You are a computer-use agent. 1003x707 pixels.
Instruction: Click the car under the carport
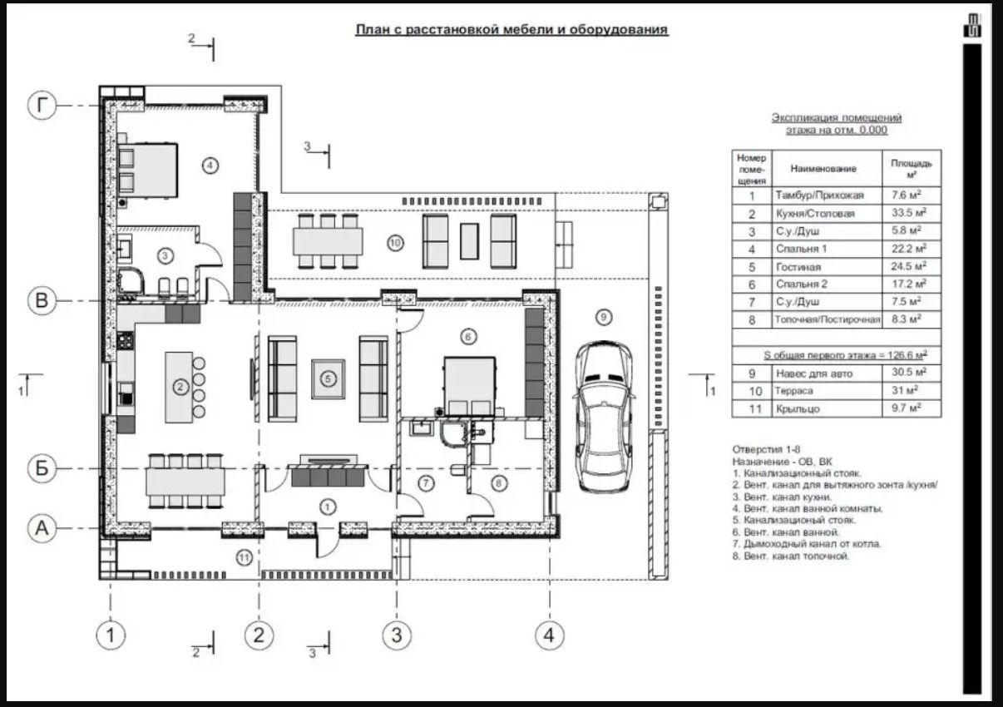pyautogui.click(x=604, y=417)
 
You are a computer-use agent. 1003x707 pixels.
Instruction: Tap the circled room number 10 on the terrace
pyautogui.click(x=395, y=243)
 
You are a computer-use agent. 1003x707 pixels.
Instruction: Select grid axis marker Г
pyautogui.click(x=42, y=106)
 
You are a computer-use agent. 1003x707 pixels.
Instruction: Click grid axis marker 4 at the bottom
pyautogui.click(x=550, y=635)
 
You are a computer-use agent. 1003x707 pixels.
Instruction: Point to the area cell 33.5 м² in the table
pyautogui.click(x=908, y=213)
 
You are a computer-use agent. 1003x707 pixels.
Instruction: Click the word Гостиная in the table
pyautogui.click(x=798, y=267)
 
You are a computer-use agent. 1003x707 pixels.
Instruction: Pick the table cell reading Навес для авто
pyautogui.click(x=814, y=373)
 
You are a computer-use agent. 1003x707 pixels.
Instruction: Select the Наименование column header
pyautogui.click(x=823, y=169)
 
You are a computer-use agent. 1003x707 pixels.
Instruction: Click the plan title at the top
pyautogui.click(x=511, y=30)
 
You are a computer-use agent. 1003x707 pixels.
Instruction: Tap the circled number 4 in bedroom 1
pyautogui.click(x=210, y=166)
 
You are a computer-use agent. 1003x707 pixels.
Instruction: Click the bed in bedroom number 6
pyautogui.click(x=470, y=386)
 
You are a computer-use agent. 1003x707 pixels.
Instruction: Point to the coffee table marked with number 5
pyautogui.click(x=329, y=378)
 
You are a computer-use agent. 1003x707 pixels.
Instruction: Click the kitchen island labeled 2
pyautogui.click(x=179, y=388)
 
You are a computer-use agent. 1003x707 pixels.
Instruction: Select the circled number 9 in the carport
pyautogui.click(x=604, y=318)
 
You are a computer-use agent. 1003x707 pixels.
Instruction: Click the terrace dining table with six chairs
pyautogui.click(x=328, y=241)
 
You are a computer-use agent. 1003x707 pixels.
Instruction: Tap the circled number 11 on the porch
pyautogui.click(x=244, y=558)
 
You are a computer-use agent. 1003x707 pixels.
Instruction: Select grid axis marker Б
pyautogui.click(x=42, y=468)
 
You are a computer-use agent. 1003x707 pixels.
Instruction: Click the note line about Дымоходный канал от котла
pyautogui.click(x=807, y=544)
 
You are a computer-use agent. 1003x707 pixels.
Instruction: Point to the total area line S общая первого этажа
pyautogui.click(x=845, y=355)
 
